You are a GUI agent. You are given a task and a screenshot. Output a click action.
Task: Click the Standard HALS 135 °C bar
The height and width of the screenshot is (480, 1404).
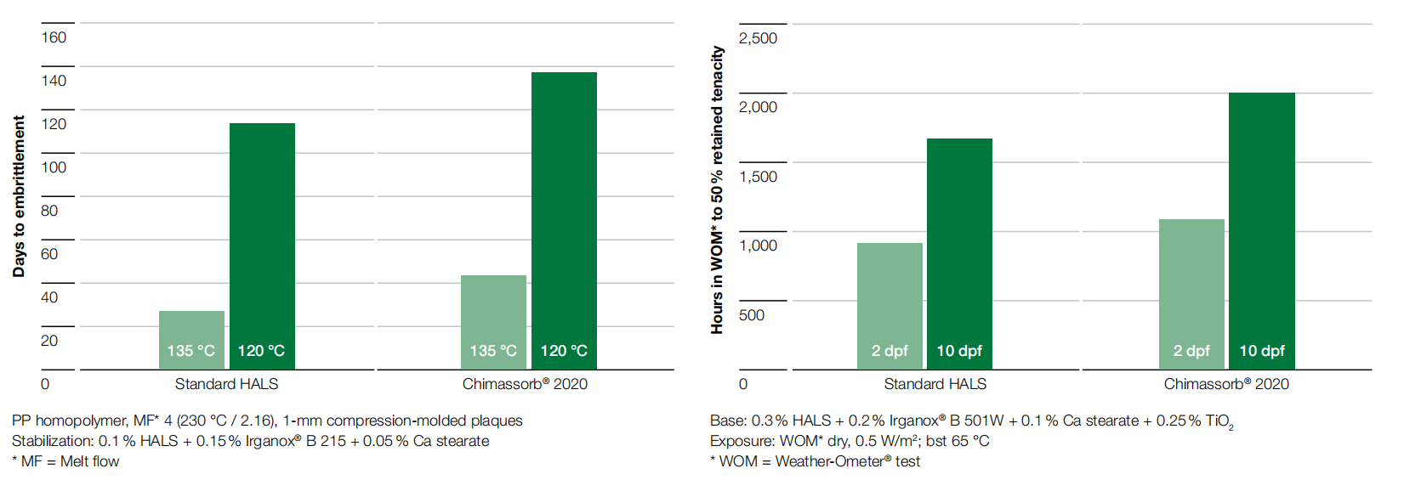point(191,339)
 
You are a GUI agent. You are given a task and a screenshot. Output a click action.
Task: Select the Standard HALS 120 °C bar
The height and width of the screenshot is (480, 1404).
point(262,246)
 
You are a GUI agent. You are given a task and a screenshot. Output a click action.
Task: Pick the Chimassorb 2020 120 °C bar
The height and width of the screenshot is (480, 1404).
point(564,220)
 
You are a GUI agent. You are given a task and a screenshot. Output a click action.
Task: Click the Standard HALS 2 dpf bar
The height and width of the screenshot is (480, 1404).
point(890,305)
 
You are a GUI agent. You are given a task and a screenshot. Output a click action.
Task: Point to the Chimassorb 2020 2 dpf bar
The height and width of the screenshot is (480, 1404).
point(1191,293)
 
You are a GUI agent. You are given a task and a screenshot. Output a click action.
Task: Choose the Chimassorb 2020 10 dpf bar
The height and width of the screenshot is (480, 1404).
point(1261,230)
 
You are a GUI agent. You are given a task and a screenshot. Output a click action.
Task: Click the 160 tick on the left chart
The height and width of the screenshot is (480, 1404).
point(54,37)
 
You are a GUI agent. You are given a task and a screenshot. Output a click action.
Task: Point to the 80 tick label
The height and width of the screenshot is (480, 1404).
point(49,211)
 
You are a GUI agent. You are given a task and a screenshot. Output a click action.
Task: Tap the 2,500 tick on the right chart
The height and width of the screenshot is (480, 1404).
point(758,38)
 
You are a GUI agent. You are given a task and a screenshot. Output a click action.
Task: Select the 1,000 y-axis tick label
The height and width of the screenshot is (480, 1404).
point(758,246)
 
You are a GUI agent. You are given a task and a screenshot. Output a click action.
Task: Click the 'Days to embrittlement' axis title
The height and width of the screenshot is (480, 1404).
point(19,196)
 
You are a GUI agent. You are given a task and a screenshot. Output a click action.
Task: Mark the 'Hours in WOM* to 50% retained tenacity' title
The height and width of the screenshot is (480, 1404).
point(717,189)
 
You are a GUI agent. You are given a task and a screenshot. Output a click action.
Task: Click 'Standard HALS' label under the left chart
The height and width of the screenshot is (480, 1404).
point(226,384)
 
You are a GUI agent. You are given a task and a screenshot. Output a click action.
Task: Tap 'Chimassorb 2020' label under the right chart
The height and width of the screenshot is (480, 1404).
point(1225,384)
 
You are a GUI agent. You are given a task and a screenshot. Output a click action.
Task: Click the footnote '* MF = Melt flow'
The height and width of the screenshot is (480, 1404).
point(65,461)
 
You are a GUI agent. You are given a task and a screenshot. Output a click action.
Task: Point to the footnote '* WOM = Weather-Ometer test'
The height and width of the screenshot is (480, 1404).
point(815,461)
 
